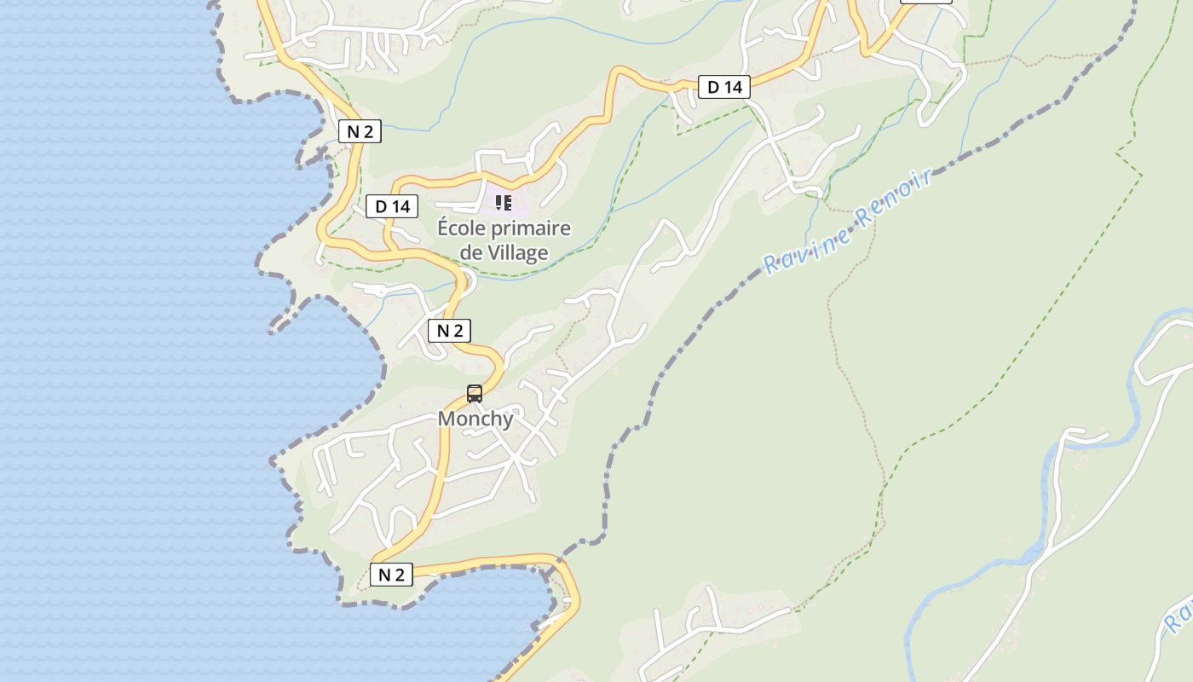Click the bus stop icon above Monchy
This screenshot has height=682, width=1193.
(x=475, y=394)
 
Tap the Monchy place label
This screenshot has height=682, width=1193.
(x=475, y=419)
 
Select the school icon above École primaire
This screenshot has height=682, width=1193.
(x=504, y=203)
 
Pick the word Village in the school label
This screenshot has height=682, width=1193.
(x=518, y=252)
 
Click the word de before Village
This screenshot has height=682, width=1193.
(x=471, y=252)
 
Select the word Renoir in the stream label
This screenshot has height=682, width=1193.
(x=894, y=198)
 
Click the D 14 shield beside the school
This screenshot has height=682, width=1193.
(x=393, y=206)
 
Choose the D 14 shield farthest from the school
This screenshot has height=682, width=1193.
(x=724, y=87)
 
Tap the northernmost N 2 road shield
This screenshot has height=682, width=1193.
(x=360, y=131)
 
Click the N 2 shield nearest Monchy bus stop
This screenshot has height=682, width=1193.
(x=449, y=331)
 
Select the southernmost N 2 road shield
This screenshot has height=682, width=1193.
(x=391, y=575)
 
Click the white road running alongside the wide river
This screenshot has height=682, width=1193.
(x=1057, y=486)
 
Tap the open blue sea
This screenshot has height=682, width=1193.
(x=128, y=341)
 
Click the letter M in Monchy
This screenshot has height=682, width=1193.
(x=447, y=419)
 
